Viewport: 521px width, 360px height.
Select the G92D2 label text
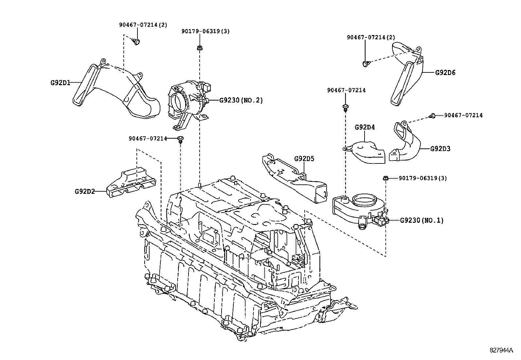coord(84,191)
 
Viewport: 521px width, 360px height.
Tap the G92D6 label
coord(445,72)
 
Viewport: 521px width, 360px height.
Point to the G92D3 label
coord(440,149)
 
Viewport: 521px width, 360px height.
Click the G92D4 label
coord(365,127)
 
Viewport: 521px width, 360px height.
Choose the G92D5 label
coord(304,159)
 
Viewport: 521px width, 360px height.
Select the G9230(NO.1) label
coord(422,220)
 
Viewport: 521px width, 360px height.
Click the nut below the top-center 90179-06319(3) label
coord(199,48)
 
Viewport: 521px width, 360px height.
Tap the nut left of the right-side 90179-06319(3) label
coord(386,179)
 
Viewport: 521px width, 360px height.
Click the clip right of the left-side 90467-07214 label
coord(180,139)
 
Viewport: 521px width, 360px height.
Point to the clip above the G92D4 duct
coord(345,107)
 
